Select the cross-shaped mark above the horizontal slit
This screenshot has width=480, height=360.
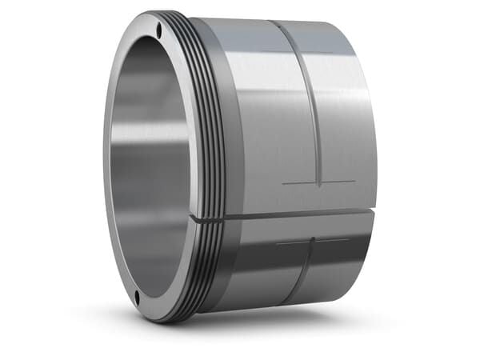tap(318, 183)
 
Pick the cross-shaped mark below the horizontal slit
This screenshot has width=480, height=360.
tap(313, 242)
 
